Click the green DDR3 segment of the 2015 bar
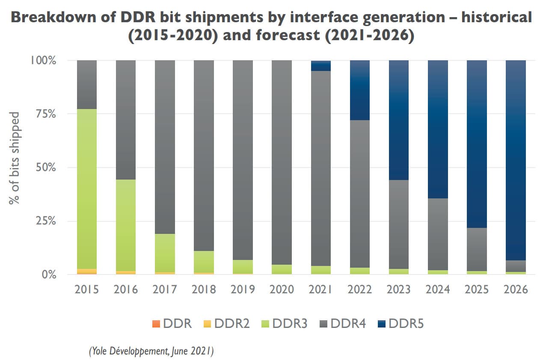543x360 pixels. pyautogui.click(x=86, y=188)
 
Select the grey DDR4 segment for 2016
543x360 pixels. pyautogui.click(x=126, y=120)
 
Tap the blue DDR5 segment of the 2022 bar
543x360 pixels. pyautogui.click(x=360, y=90)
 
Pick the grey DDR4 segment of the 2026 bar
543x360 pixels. pyautogui.click(x=516, y=266)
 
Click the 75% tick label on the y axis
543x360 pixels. pyautogui.click(x=44, y=114)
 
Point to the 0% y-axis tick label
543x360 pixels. pyautogui.click(x=47, y=274)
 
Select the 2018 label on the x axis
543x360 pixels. pyautogui.click(x=204, y=290)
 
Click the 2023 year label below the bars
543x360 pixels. pyautogui.click(x=398, y=290)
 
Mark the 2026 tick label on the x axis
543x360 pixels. pyautogui.click(x=515, y=290)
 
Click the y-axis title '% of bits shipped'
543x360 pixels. pyautogui.click(x=15, y=158)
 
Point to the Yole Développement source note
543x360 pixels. pyautogui.click(x=151, y=351)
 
